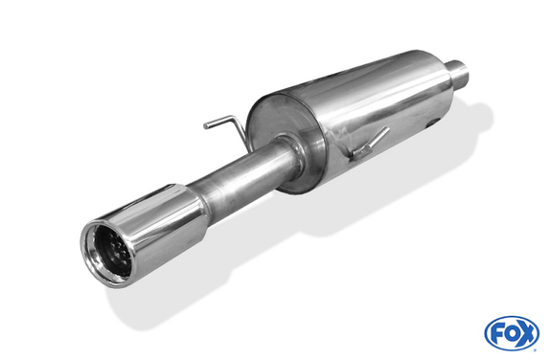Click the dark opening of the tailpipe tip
point(112,251)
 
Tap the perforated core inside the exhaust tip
point(119,252)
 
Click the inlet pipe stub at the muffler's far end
point(458,73)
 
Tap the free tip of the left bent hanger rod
point(206,125)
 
